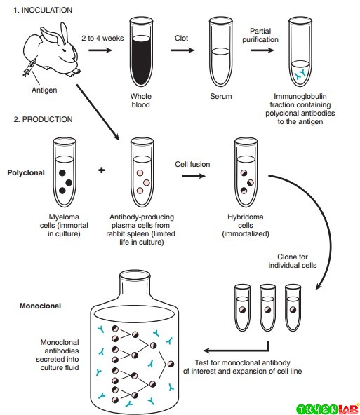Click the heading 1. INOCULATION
(x=43, y=10)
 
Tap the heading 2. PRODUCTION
(x=44, y=119)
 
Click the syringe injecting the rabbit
(x=29, y=68)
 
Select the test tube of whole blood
(x=141, y=52)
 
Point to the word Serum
(x=221, y=96)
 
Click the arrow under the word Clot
(x=182, y=50)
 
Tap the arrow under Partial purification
(x=262, y=50)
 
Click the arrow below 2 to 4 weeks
(x=100, y=50)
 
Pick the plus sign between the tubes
(x=102, y=170)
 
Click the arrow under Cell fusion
(x=194, y=176)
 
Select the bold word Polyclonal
(x=26, y=173)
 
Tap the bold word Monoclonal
(x=40, y=306)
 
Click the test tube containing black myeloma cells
(x=65, y=172)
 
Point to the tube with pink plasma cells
(x=142, y=172)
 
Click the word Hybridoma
(x=246, y=217)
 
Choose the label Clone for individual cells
(x=293, y=261)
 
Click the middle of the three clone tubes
(x=267, y=308)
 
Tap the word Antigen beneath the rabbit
(x=44, y=90)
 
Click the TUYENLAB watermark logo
(x=328, y=409)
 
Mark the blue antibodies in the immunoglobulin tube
(x=300, y=74)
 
